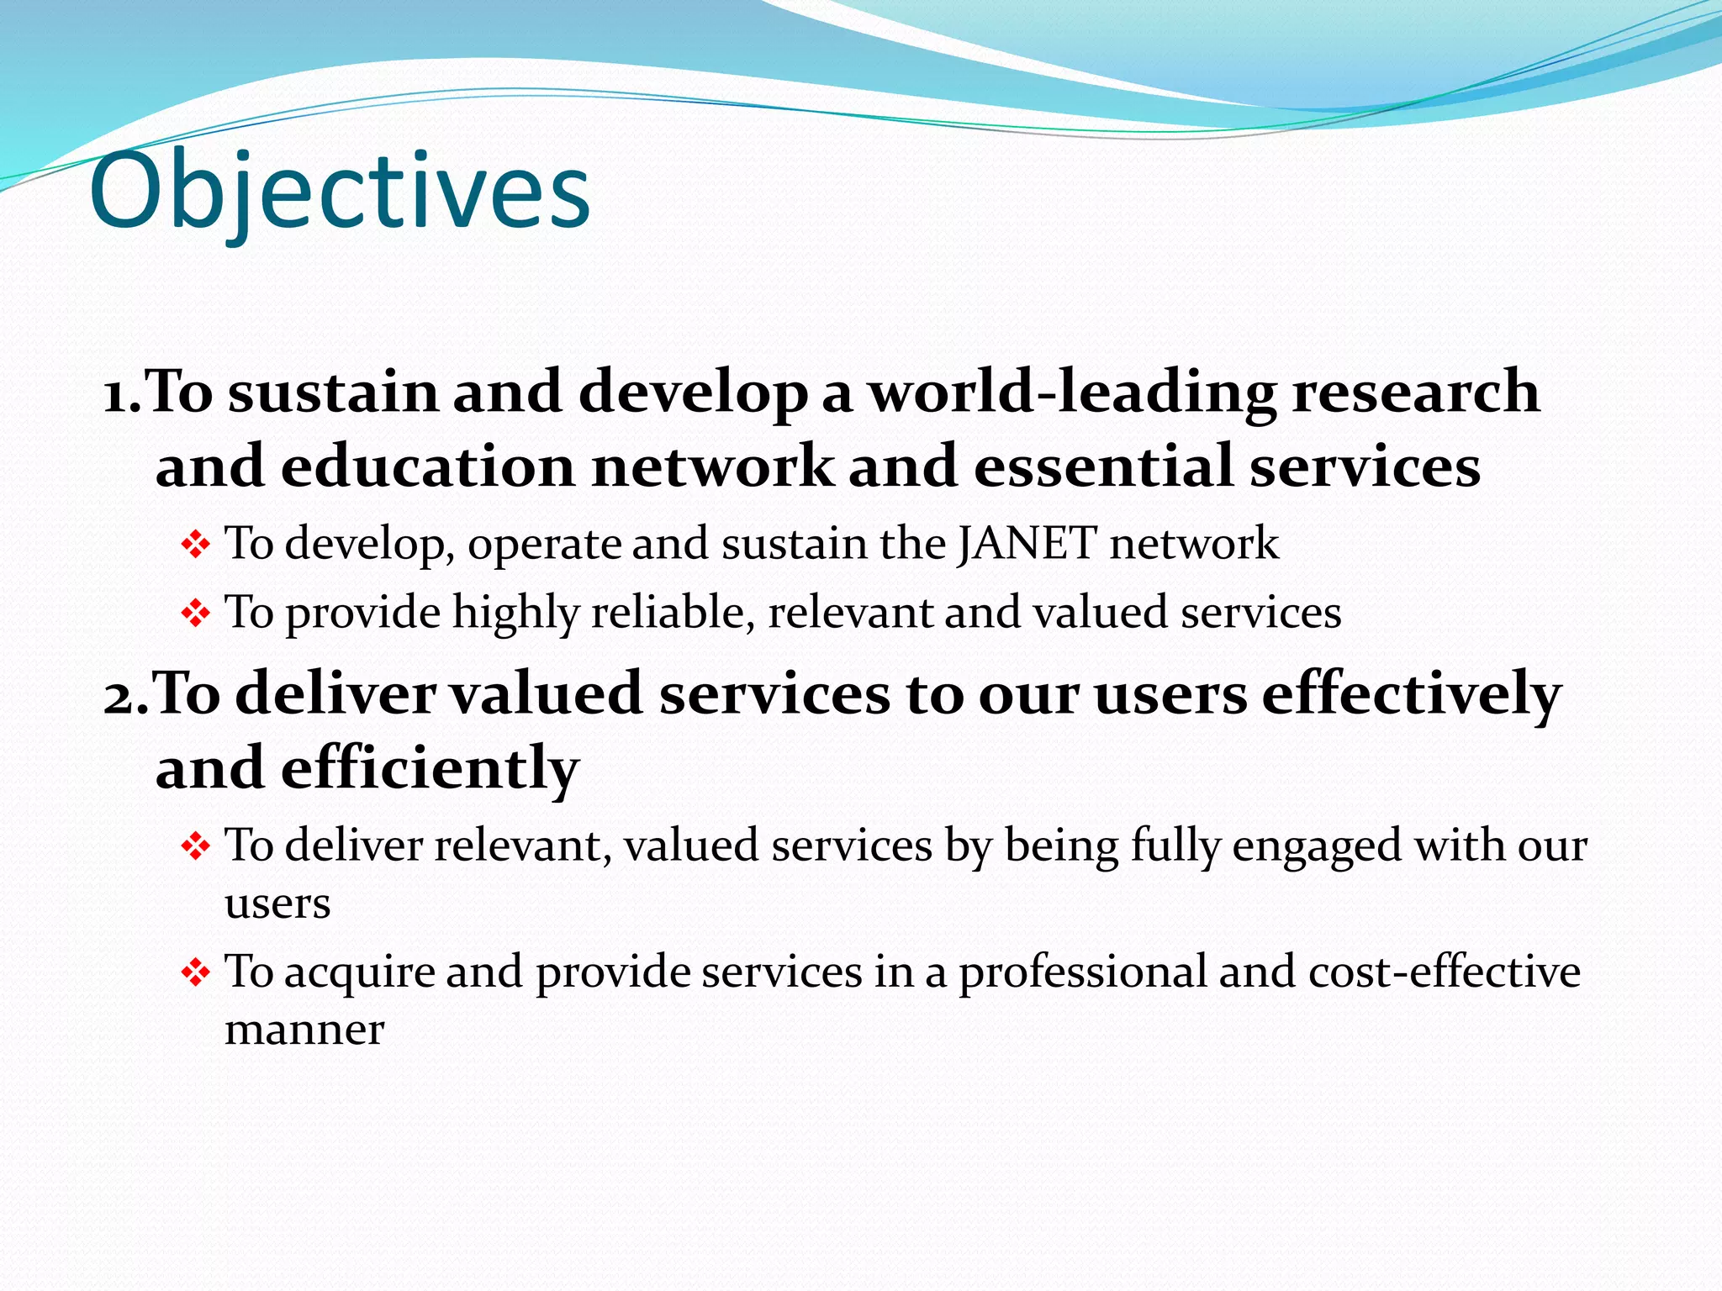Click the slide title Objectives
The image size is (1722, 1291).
coord(340,192)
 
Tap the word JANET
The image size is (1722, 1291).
coord(1026,543)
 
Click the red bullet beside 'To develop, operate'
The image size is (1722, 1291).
coord(195,545)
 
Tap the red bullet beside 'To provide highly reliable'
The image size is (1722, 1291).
coord(195,614)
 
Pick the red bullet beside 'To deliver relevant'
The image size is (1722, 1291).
coord(195,846)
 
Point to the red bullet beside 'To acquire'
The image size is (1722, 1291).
coord(195,973)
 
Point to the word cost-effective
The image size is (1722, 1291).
coord(1444,972)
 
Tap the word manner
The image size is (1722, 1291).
coord(304,1030)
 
